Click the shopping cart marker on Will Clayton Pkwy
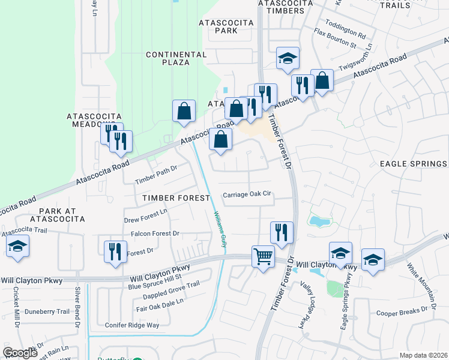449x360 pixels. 264,257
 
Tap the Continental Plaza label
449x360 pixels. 168,58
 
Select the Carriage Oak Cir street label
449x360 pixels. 248,195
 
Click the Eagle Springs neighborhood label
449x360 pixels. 413,164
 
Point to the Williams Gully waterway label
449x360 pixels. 220,229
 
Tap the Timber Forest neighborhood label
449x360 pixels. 176,197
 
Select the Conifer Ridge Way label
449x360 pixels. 131,325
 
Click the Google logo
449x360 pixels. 20,353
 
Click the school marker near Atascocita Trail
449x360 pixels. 17,247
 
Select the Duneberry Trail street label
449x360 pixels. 47,311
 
